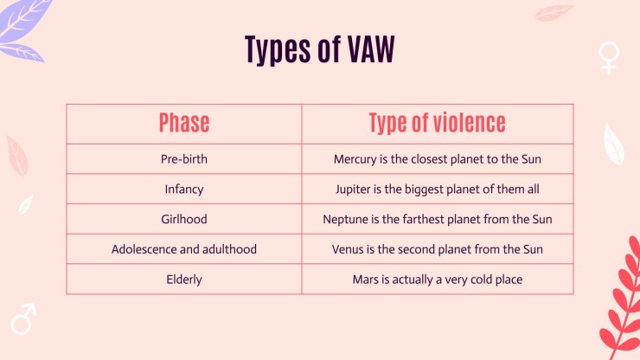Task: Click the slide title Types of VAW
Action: coord(320,50)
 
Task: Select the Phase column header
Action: coord(184,123)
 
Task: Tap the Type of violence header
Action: coord(437,123)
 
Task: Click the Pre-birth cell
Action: coord(184,159)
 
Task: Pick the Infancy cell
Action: coord(184,190)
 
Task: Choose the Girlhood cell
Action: coord(184,219)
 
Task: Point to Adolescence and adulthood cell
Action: coord(184,249)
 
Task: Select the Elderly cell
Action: coord(184,280)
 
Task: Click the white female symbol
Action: coord(609,58)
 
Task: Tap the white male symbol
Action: coord(23,319)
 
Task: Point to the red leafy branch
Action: coord(622,299)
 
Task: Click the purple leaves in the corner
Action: coord(22,29)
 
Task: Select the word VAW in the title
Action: coord(371,49)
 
